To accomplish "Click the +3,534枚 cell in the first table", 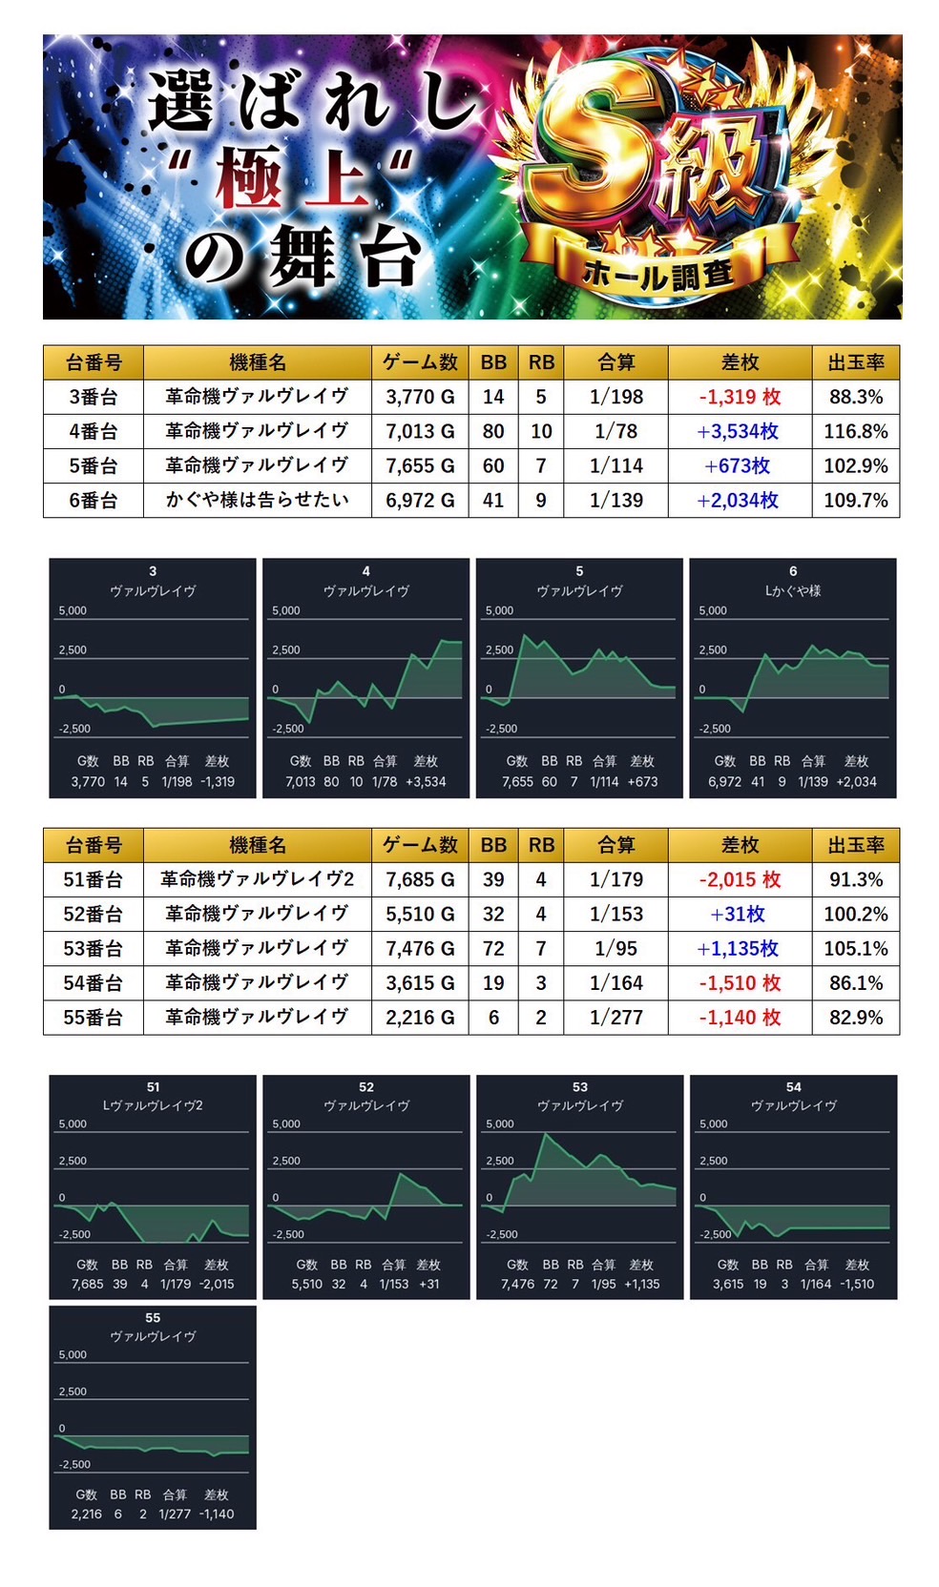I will pos(739,431).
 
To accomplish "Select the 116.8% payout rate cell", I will pos(855,431).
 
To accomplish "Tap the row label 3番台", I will pos(93,397).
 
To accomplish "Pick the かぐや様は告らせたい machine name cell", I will pos(257,500).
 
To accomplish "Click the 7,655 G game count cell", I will pos(420,465).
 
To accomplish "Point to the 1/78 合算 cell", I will pos(616,431).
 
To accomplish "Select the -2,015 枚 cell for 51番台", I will pos(739,879).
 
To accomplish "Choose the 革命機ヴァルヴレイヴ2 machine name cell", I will pos(257,879).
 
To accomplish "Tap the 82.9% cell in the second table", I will pos(855,1018).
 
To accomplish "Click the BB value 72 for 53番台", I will pos(493,948).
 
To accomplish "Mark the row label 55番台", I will pos(93,1018).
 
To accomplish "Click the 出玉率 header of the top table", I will pos(855,362).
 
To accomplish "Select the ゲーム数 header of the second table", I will pos(420,845).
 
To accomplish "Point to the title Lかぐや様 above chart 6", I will pos(792,591).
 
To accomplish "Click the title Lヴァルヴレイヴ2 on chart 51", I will pos(153,1105).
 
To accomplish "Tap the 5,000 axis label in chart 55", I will pos(73,1354).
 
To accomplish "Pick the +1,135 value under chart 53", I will pos(642,1284).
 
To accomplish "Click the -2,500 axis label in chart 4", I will pos(287,729).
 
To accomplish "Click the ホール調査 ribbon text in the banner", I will pos(658,276).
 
